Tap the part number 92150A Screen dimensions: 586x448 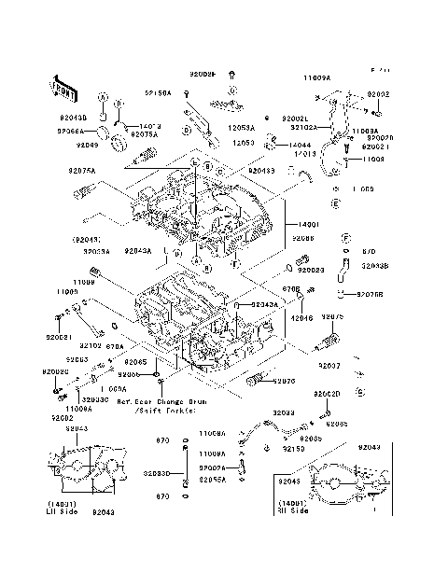(x=157, y=93)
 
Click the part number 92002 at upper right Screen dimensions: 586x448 (x=378, y=94)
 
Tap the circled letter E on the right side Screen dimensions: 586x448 (x=334, y=202)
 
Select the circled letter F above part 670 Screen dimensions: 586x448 (x=345, y=237)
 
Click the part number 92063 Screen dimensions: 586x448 (x=77, y=358)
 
